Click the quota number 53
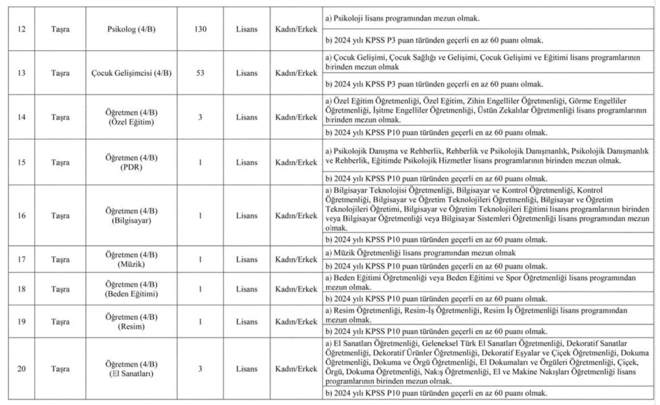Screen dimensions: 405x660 coord(200,72)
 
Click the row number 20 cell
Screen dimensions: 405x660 coord(22,368)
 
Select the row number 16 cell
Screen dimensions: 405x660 coord(22,215)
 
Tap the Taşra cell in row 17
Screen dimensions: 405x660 coord(61,259)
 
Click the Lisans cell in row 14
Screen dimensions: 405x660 coord(246,117)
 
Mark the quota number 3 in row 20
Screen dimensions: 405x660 coord(200,368)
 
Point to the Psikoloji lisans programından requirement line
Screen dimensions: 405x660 coord(406,19)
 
